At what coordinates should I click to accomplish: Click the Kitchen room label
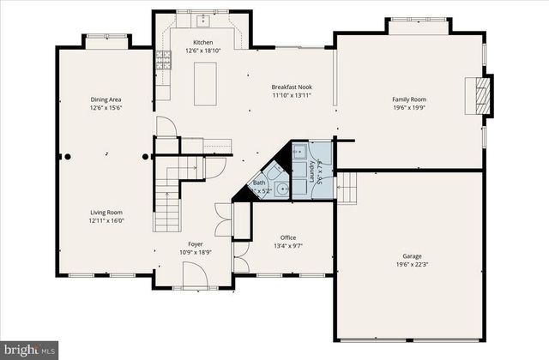[x=202, y=42]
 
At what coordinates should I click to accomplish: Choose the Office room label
[x=288, y=237]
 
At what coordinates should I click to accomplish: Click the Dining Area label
[x=107, y=99]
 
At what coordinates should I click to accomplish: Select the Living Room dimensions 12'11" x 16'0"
[x=107, y=220]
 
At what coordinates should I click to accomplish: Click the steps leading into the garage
[x=347, y=185]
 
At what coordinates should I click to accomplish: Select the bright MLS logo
[x=30, y=350]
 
